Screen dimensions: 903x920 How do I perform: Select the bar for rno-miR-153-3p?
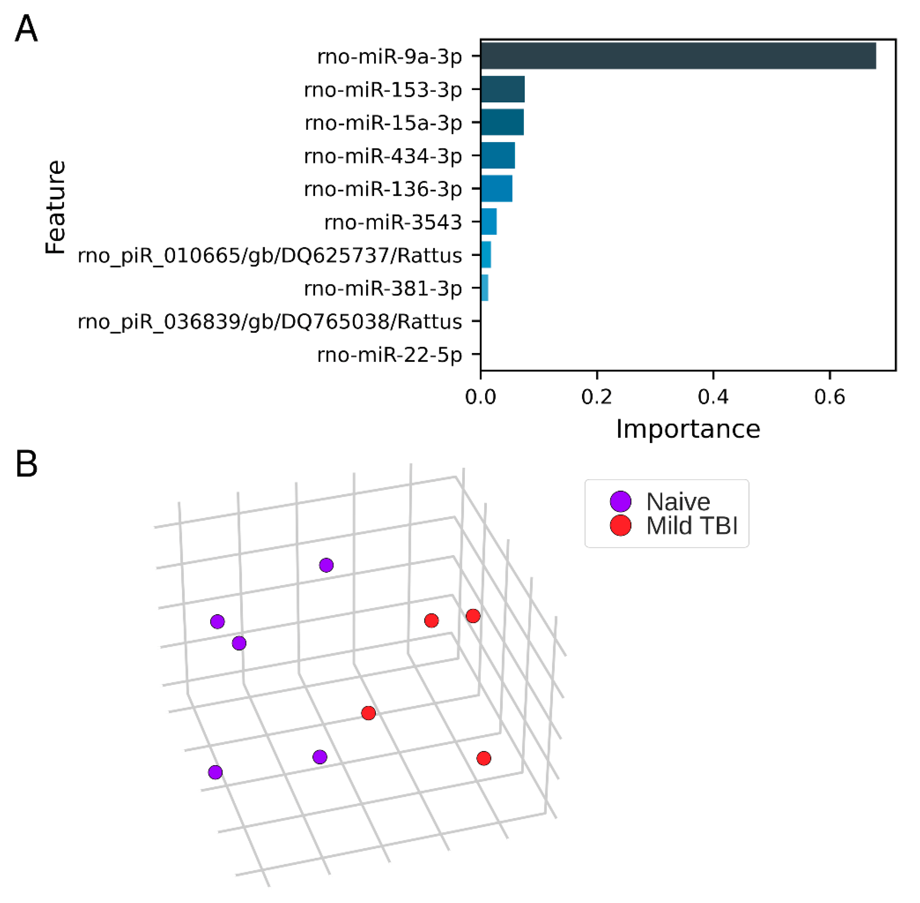click(x=503, y=89)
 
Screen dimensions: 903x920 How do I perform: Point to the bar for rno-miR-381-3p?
click(x=485, y=288)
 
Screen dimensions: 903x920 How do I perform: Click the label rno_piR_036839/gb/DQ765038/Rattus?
click(x=270, y=321)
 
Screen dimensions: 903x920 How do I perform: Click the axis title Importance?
click(x=688, y=429)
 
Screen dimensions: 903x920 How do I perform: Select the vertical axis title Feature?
click(x=55, y=207)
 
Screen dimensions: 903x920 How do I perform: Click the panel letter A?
click(x=26, y=29)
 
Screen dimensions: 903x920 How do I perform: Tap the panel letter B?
click(x=26, y=464)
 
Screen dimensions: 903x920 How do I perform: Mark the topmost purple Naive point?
click(x=326, y=565)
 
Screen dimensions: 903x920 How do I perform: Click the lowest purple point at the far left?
click(x=215, y=772)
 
